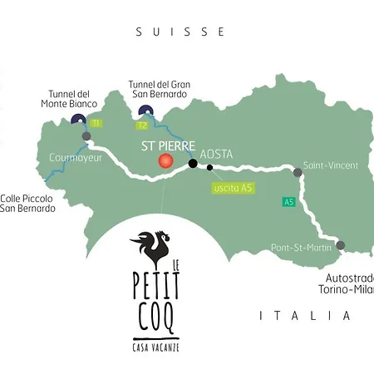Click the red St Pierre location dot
[165, 160]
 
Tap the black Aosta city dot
[193, 164]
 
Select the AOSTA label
[216, 155]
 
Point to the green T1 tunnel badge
[96, 123]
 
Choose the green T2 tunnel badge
[142, 125]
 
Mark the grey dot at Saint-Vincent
[298, 173]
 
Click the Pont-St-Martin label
[300, 248]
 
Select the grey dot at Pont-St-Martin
[340, 245]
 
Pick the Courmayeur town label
[75, 155]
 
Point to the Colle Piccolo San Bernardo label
[27, 203]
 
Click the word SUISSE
[180, 32]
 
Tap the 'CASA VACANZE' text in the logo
[157, 345]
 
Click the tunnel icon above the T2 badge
[146, 112]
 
